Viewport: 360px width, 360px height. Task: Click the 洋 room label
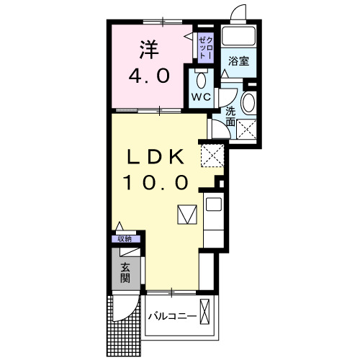[x=148, y=50]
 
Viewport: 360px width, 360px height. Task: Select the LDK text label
[x=158, y=156]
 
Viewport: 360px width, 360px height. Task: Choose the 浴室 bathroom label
[x=239, y=62]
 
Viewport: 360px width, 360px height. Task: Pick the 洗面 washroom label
[x=230, y=117]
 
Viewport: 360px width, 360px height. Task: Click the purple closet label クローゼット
[x=204, y=45]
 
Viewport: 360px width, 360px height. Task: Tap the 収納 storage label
[x=125, y=239]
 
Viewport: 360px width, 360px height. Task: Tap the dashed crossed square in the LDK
[x=213, y=153]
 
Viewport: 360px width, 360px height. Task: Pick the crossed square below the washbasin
[x=248, y=129]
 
